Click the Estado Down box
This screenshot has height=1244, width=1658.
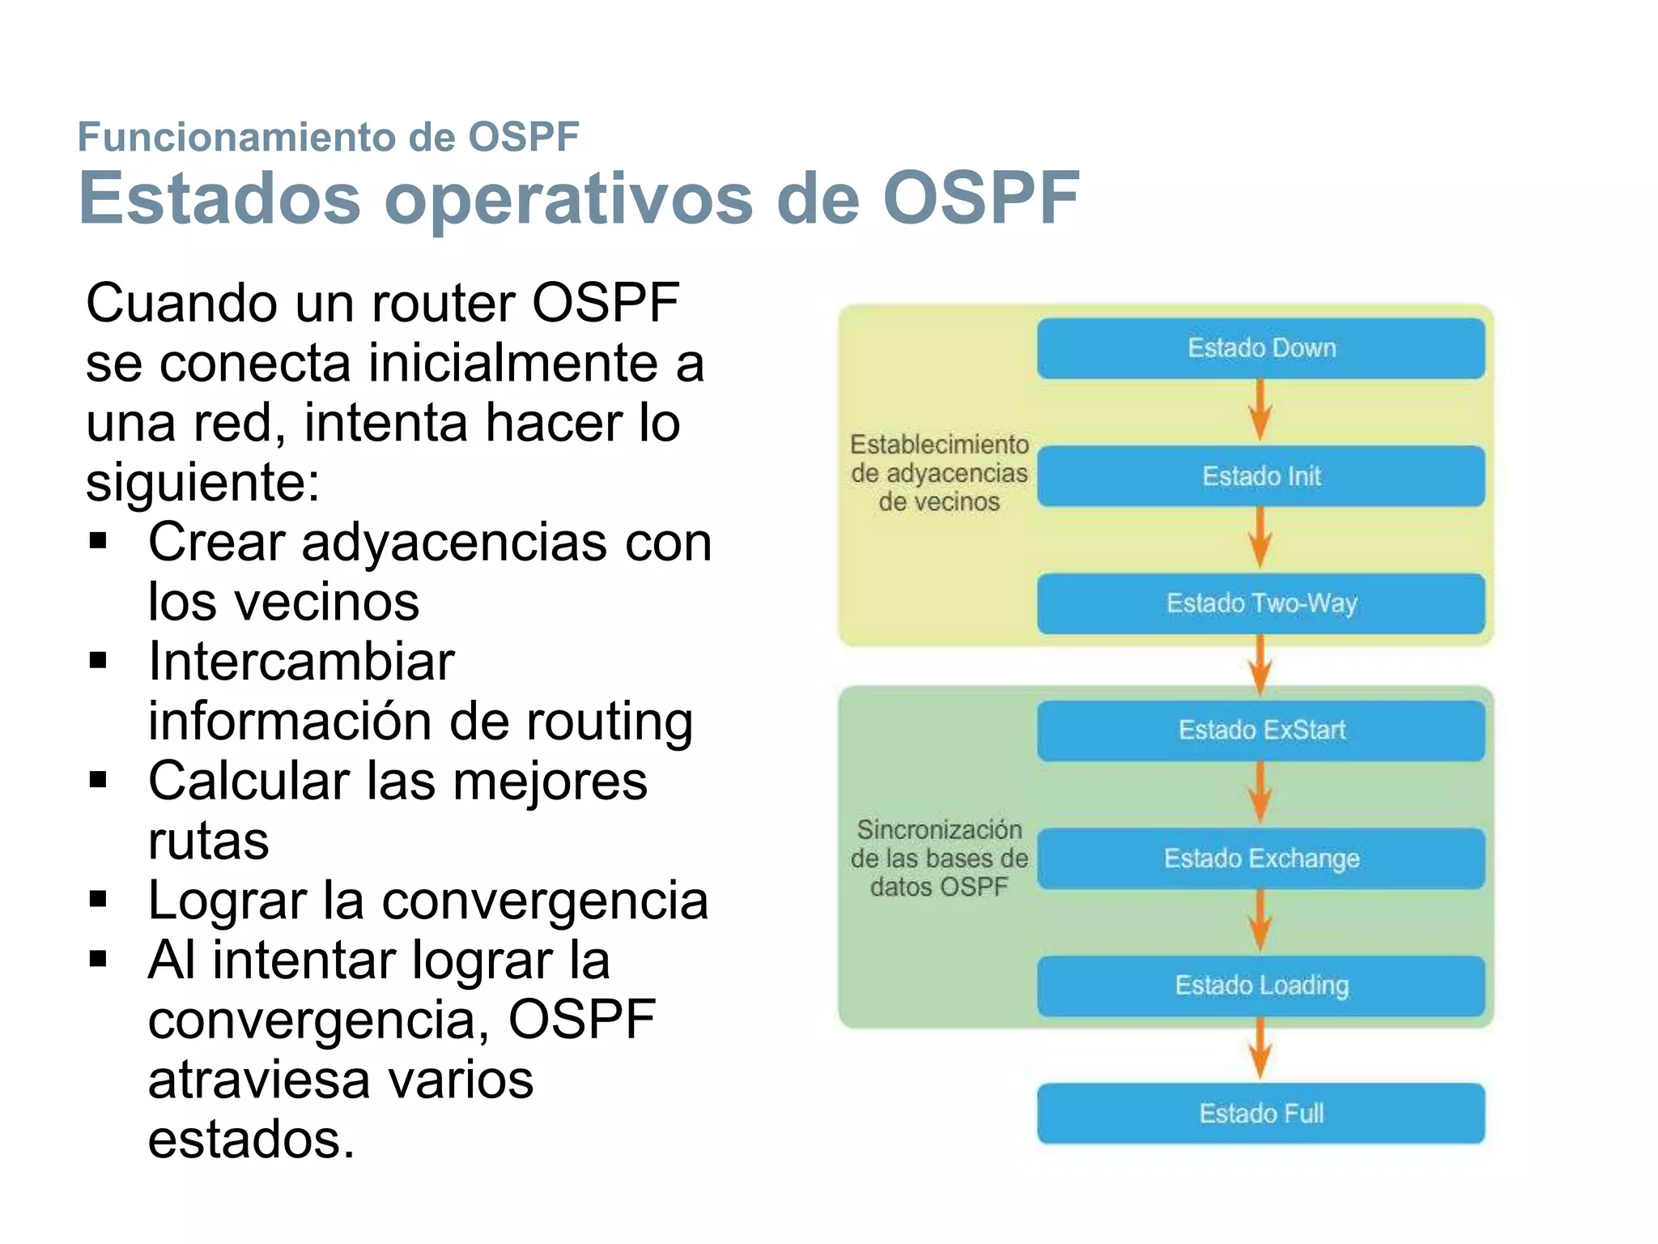(x=1261, y=348)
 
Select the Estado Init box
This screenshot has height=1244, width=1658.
(x=1261, y=476)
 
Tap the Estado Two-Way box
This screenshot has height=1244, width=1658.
(x=1261, y=603)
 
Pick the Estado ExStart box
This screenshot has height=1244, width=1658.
(x=1261, y=731)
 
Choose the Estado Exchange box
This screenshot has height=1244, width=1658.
(x=1261, y=858)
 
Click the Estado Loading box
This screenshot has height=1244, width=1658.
(x=1261, y=986)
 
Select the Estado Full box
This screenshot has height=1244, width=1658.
(x=1261, y=1114)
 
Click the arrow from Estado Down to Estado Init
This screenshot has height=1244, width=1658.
(x=1260, y=411)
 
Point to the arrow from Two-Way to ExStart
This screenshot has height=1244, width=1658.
(x=1260, y=666)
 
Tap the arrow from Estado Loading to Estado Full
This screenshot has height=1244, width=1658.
(x=1260, y=1049)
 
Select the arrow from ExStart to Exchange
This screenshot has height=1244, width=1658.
(x=1260, y=794)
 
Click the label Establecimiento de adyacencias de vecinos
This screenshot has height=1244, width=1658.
(x=939, y=473)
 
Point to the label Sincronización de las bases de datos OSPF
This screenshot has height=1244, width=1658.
(x=939, y=858)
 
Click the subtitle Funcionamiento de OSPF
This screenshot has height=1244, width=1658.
(x=328, y=136)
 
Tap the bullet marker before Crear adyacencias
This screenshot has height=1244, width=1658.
(x=99, y=541)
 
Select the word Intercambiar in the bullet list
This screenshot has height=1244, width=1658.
(x=301, y=661)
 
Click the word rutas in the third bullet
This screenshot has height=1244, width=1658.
(x=208, y=841)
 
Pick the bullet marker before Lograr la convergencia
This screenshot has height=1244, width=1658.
(x=99, y=899)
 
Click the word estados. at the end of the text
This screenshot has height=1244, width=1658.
(x=251, y=1139)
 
